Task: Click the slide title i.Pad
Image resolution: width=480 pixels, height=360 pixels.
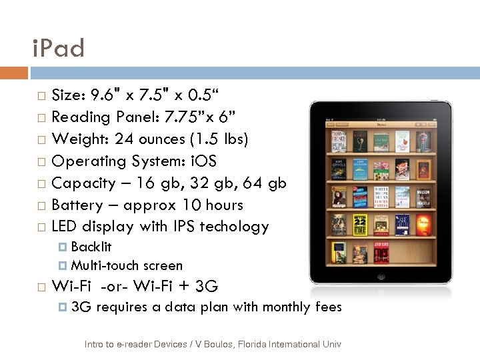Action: point(59,48)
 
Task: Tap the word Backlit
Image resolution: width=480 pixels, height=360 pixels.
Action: point(91,247)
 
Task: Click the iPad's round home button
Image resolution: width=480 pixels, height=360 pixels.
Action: point(381,275)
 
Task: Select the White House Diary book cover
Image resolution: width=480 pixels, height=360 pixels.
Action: point(381,199)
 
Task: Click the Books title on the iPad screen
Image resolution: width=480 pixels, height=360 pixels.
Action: point(381,123)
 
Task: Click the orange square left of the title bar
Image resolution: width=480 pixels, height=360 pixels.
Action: point(14,73)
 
